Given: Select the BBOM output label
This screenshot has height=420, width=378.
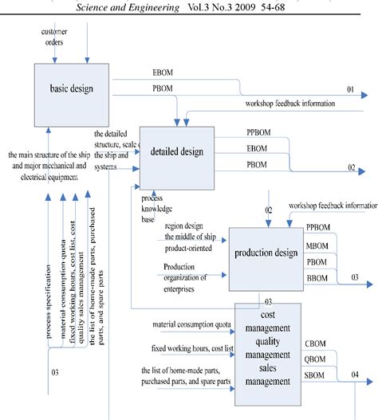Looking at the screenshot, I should coord(317,277).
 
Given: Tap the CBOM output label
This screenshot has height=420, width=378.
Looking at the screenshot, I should coord(315,343).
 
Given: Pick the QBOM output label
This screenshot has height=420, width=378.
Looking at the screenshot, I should coord(315,359).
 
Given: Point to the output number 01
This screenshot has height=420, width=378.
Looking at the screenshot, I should coord(350,90).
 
